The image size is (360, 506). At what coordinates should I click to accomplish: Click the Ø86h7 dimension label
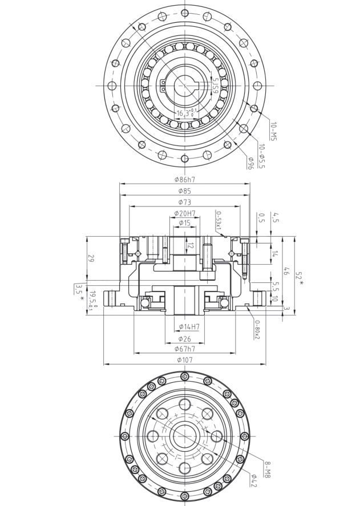pyautogui.click(x=184, y=179)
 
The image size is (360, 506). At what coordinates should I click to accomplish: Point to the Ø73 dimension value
pyautogui.click(x=184, y=202)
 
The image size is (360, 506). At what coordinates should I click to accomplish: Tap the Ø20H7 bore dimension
pyautogui.click(x=185, y=213)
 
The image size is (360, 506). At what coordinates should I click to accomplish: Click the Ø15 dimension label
pyautogui.click(x=184, y=222)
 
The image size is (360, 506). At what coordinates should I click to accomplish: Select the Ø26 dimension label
pyautogui.click(x=184, y=338)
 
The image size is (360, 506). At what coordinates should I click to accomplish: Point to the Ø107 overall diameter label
pyautogui.click(x=185, y=359)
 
